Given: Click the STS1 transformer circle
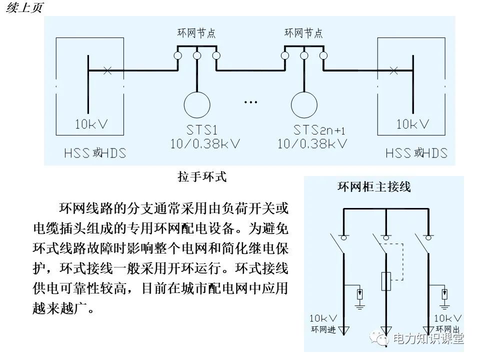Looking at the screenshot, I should click(x=197, y=104).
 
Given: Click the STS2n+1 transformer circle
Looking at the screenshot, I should click(x=305, y=104).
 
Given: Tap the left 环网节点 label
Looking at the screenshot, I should click(x=196, y=33).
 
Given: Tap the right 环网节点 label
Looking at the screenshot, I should click(x=303, y=33).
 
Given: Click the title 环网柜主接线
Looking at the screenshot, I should click(x=374, y=187).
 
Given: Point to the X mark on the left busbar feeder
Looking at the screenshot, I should click(x=106, y=70).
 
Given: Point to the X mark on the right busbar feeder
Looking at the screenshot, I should click(x=393, y=70).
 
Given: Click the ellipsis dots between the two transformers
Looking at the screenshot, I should click(x=250, y=102).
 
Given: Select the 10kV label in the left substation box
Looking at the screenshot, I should click(x=91, y=124).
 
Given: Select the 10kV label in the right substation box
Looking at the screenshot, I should click(x=412, y=124).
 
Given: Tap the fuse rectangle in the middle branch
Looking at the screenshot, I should click(x=386, y=281).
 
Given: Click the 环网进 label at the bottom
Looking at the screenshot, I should click(x=323, y=329).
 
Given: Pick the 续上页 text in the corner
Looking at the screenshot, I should click(x=24, y=8).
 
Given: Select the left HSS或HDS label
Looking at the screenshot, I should click(x=95, y=153).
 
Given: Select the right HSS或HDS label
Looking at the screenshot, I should click(x=416, y=153).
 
